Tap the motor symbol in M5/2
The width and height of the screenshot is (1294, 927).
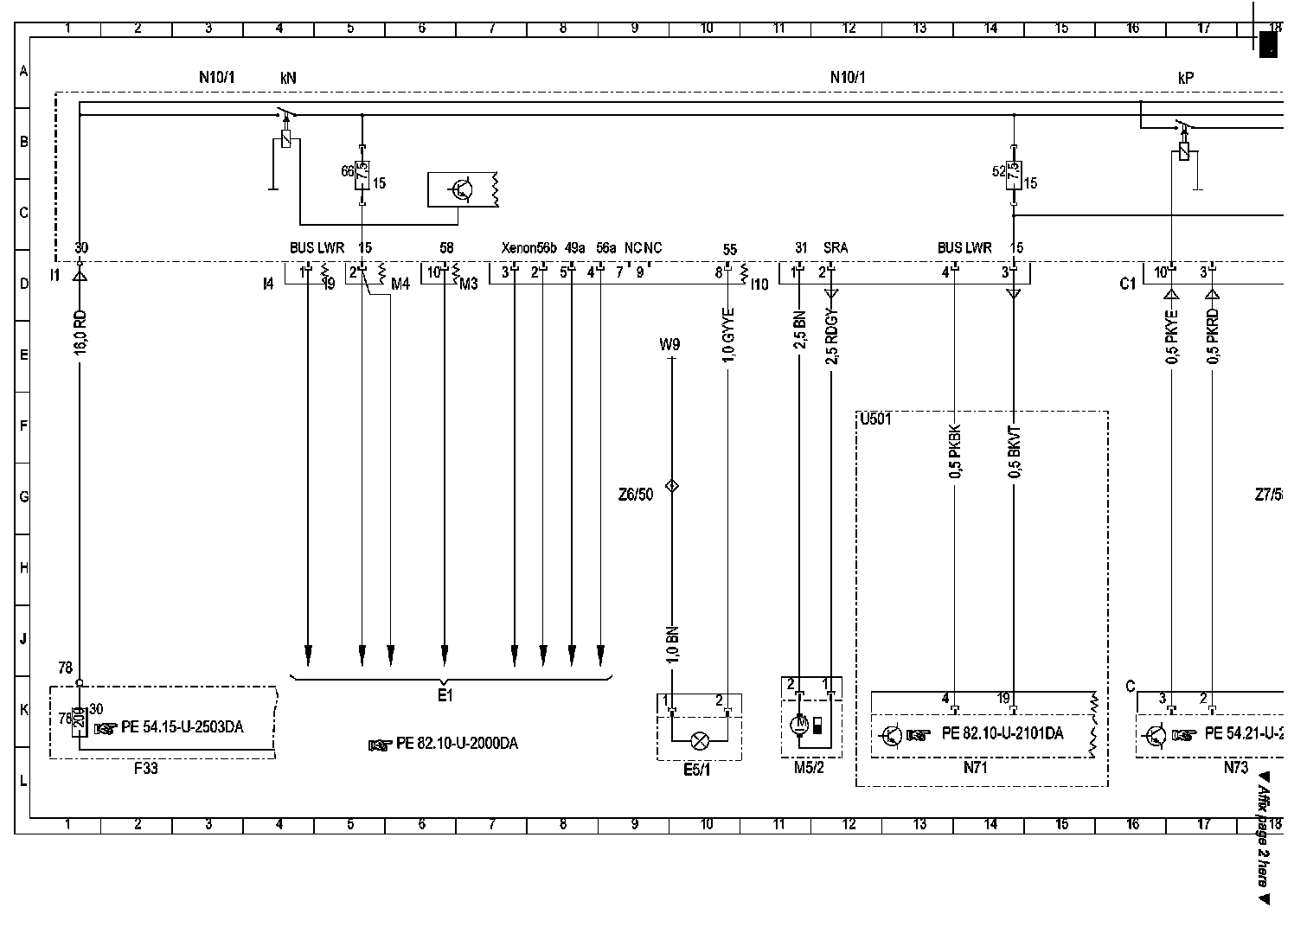click(801, 723)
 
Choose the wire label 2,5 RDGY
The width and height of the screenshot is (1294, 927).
click(832, 338)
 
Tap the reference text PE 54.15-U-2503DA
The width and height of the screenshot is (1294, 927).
click(182, 727)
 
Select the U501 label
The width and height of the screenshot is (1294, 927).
click(875, 420)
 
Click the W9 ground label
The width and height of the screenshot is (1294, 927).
click(669, 344)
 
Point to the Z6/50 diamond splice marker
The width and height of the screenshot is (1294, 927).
click(671, 486)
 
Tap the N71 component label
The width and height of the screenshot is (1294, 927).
click(975, 766)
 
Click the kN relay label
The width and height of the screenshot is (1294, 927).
click(288, 78)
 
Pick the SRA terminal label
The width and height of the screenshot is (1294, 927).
click(836, 248)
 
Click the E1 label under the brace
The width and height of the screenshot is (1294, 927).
click(445, 695)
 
